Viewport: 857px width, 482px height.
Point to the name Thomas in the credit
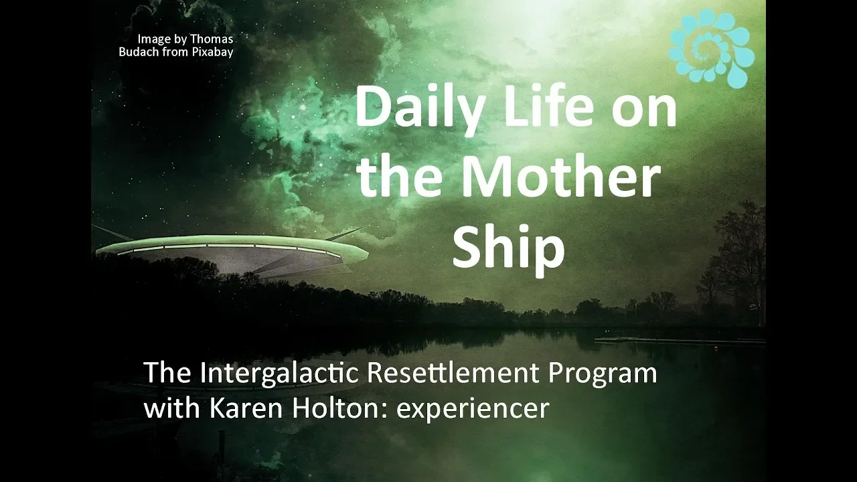click(212, 39)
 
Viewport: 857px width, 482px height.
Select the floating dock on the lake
click(680, 340)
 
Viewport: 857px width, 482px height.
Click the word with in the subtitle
click(172, 408)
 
